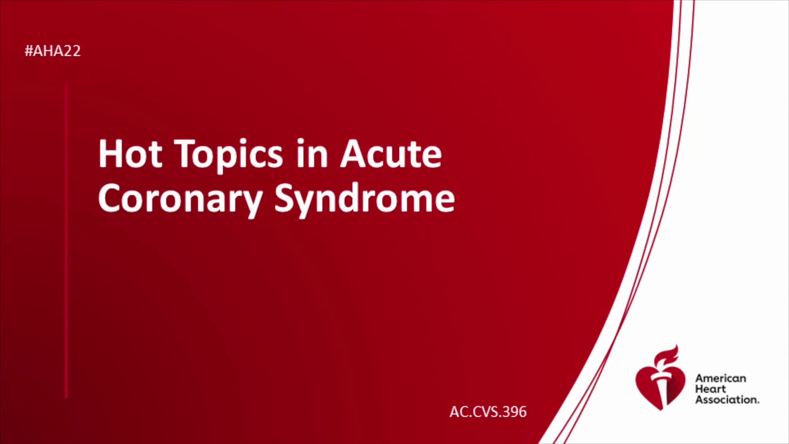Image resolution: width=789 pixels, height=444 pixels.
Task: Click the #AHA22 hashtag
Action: point(53,51)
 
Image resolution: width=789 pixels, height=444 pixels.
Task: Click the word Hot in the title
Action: point(130,154)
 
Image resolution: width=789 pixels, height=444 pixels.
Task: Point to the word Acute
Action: point(391,154)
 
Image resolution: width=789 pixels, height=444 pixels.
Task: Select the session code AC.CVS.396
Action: point(488,412)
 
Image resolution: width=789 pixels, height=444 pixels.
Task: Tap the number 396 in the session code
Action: point(514,412)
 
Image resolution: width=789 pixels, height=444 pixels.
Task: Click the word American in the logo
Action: point(720,379)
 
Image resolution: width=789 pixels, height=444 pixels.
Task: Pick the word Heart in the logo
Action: point(711,389)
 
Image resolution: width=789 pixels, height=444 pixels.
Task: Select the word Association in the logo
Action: point(727,400)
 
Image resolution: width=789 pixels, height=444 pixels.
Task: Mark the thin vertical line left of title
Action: point(66,241)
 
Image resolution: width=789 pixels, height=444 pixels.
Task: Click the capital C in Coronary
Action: point(110,198)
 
